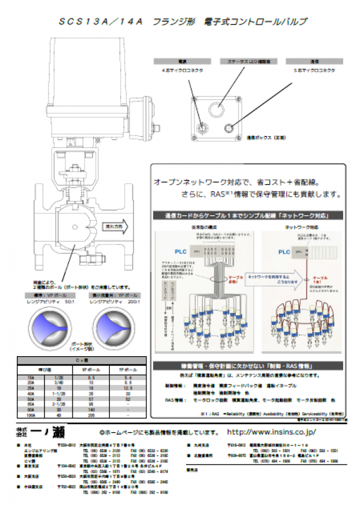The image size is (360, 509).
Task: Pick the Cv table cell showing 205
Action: (x=91, y=415)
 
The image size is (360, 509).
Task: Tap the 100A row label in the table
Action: (x=31, y=415)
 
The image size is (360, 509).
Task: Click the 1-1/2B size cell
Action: (x=60, y=393)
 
